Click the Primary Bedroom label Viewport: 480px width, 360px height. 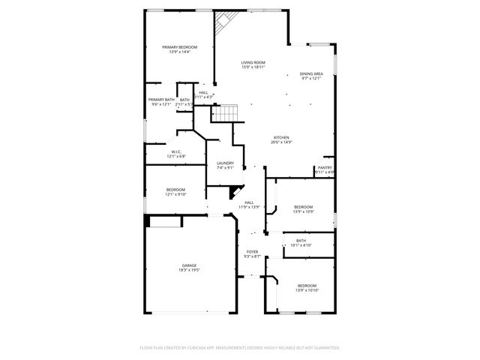[x=179, y=47]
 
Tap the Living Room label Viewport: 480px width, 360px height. [x=253, y=62]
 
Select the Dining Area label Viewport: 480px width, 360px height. [x=311, y=73]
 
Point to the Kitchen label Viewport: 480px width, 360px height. [x=281, y=137]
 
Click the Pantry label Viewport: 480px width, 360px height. [x=325, y=167]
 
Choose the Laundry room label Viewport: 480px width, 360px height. [x=225, y=163]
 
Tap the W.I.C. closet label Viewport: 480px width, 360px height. [x=176, y=152]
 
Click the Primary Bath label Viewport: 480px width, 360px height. [x=161, y=100]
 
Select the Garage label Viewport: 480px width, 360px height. [x=189, y=265]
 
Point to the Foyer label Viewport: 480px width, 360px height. [x=252, y=252]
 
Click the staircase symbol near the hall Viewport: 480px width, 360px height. [x=223, y=113]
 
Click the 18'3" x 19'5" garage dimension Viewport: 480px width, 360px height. [x=189, y=270]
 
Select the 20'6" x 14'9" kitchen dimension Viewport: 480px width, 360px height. [x=281, y=142]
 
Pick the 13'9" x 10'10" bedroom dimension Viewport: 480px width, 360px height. [x=307, y=290]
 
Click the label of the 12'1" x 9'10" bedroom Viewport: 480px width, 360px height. [x=176, y=190]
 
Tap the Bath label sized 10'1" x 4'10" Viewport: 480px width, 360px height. [x=301, y=240]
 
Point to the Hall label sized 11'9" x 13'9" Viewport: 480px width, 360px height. [x=249, y=202]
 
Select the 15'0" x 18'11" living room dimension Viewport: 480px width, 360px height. [x=253, y=67]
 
